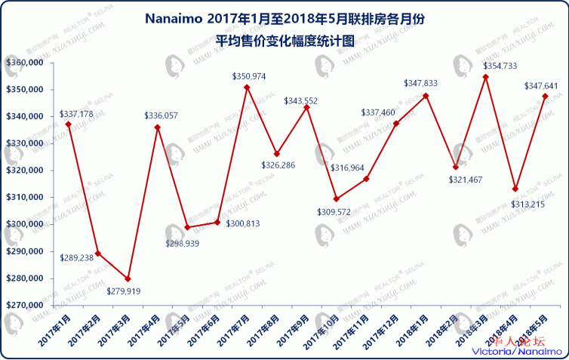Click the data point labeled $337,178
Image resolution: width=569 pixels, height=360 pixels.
[68, 125]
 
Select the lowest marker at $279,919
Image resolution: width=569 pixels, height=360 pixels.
[128, 278]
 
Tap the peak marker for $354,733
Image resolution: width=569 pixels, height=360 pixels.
[485, 77]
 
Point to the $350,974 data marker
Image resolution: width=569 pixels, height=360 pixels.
[247, 88]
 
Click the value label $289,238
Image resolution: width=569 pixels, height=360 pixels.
[76, 257]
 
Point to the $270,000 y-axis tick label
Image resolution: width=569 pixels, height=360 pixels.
[23, 306]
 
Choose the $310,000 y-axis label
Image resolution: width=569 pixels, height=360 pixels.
[23, 198]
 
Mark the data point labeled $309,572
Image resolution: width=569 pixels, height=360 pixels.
[336, 198]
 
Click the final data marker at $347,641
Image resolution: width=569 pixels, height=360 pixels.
[545, 96]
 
